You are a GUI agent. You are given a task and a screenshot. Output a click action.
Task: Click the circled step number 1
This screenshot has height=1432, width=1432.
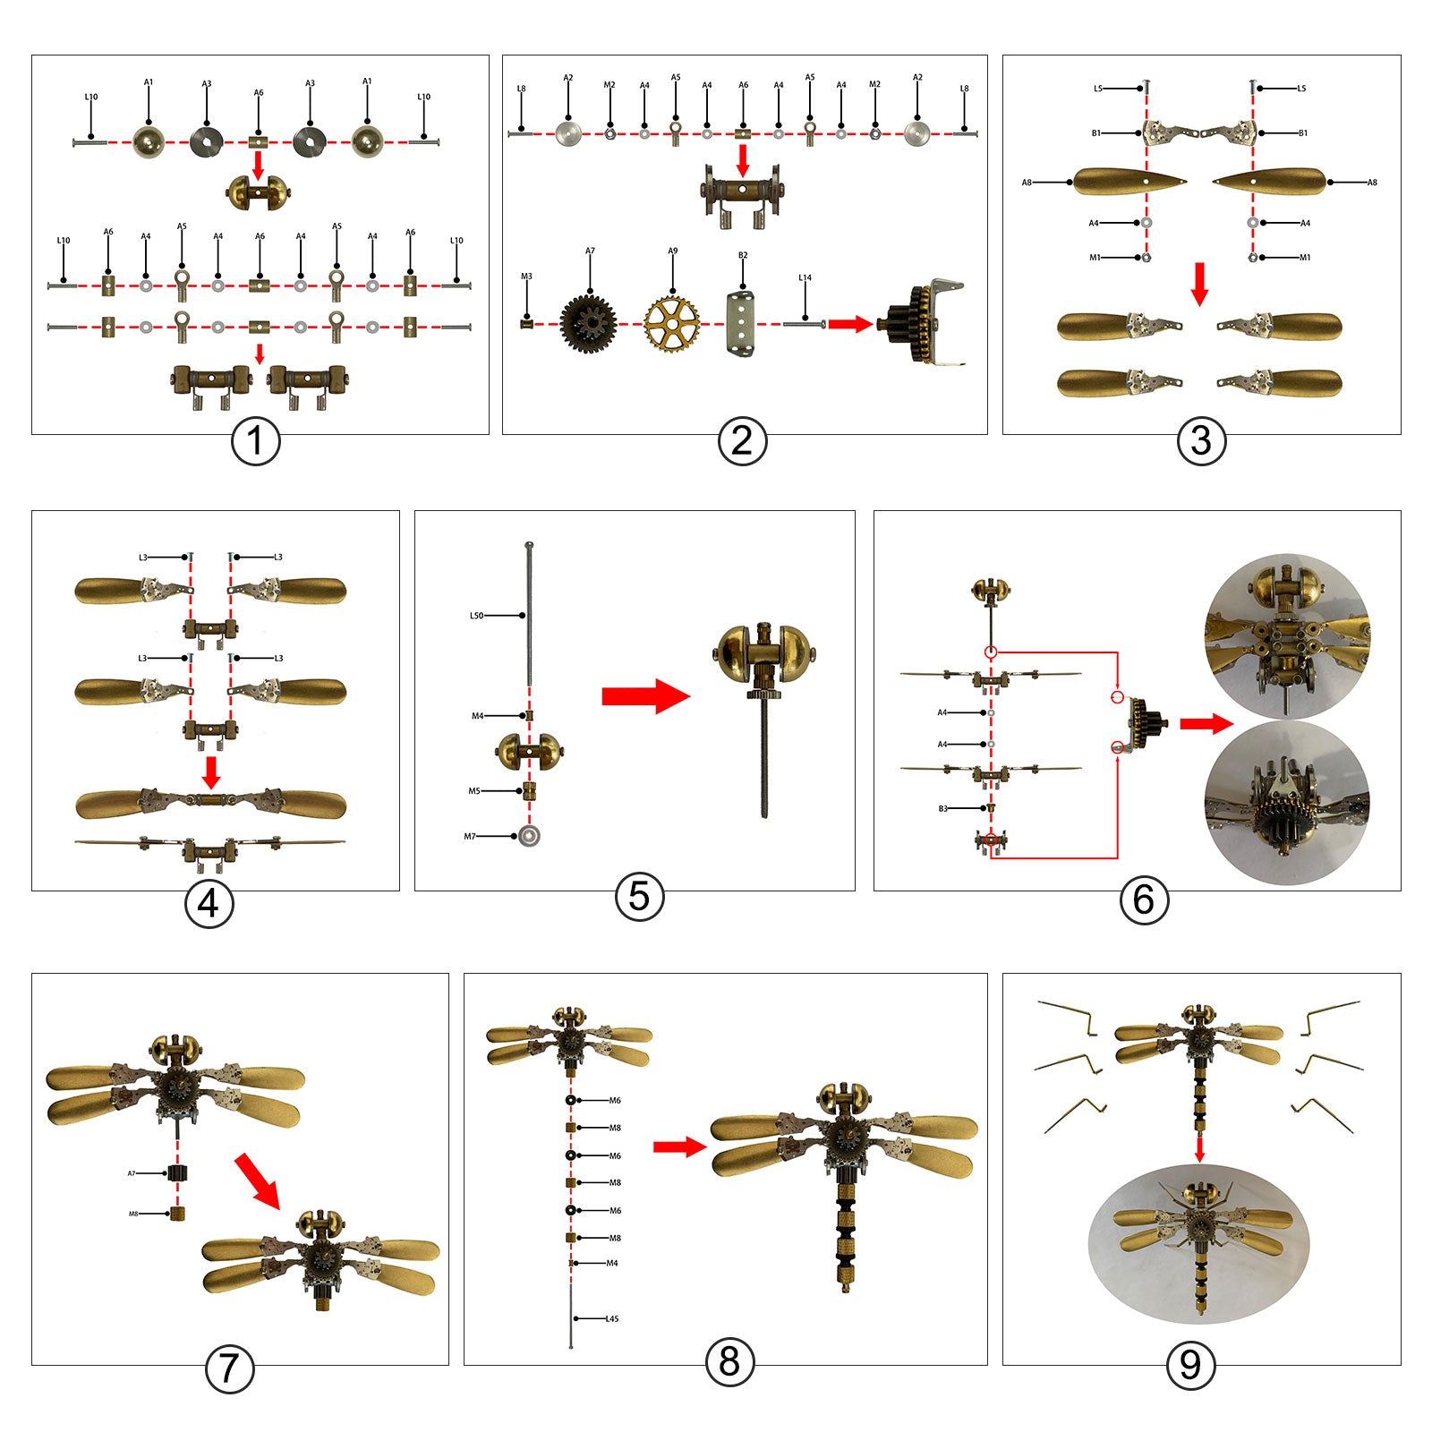[255, 441]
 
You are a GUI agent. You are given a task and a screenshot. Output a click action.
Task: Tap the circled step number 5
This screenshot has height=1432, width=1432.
[639, 896]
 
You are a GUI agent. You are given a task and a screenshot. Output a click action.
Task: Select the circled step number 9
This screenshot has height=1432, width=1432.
[1189, 1365]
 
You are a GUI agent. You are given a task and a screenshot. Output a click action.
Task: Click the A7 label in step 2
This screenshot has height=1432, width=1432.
[590, 251]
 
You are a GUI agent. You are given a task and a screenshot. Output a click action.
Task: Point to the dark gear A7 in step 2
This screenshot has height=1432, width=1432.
[588, 323]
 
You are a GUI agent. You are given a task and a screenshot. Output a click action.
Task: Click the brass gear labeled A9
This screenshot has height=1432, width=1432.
[671, 323]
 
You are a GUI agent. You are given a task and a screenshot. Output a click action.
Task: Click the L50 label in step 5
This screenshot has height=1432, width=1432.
[476, 616]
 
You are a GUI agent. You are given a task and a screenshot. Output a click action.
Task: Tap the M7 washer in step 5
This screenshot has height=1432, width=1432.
[530, 837]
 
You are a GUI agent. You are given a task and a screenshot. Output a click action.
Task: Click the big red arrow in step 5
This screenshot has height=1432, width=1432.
[645, 696]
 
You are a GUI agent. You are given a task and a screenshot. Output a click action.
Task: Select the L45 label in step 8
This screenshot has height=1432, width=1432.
[612, 1318]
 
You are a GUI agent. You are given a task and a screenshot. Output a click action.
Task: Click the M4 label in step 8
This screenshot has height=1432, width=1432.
[612, 1263]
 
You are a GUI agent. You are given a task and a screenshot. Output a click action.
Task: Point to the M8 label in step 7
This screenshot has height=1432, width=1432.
[133, 1215]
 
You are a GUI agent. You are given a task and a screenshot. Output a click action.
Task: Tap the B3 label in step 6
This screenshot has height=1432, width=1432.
[942, 808]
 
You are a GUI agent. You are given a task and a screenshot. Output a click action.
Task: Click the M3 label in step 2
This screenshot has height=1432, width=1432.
[526, 277]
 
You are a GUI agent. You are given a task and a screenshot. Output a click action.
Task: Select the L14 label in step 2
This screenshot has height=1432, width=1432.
[805, 277]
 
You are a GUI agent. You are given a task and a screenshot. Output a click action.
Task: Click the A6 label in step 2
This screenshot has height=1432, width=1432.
[743, 85]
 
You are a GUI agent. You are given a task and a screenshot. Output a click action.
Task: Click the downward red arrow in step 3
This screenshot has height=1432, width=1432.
[1200, 285]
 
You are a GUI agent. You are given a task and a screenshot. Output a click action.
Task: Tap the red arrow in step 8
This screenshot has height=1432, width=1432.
[679, 1147]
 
